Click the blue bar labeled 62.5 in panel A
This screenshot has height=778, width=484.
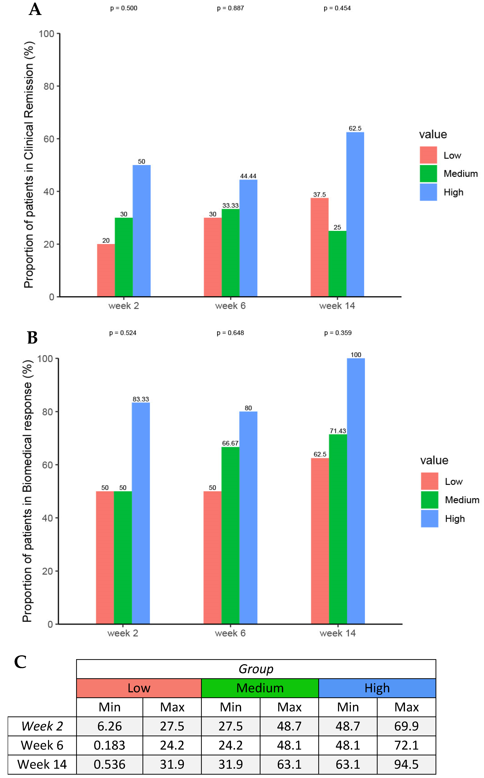tap(355, 214)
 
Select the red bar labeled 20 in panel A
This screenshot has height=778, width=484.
tap(106, 270)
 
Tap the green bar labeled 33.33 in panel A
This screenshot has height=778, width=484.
tap(231, 253)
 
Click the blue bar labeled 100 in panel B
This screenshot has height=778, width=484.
tap(356, 491)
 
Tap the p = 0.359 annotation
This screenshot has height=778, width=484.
tap(338, 333)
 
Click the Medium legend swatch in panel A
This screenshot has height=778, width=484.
tap(428, 174)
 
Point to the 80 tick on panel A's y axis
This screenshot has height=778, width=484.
tap(49, 86)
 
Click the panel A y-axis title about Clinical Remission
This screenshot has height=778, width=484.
tap(29, 165)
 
